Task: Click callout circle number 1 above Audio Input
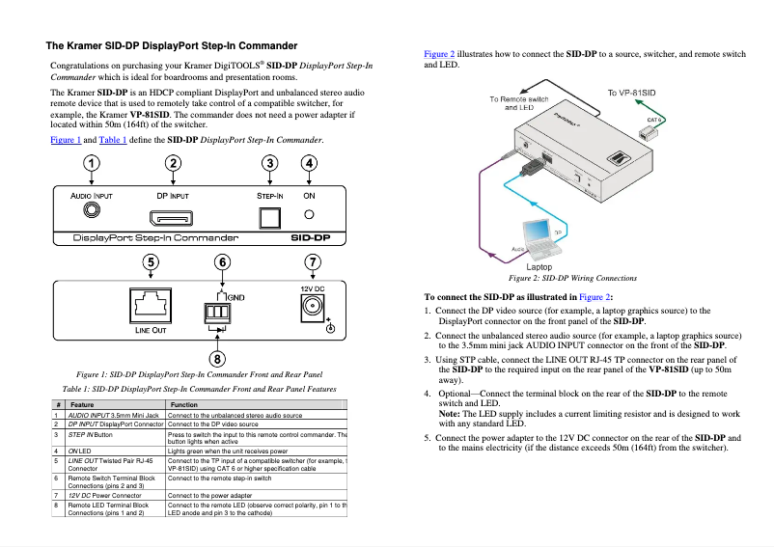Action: pyautogui.click(x=91, y=164)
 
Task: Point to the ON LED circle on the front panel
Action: pyautogui.click(x=309, y=216)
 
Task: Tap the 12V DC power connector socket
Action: pyautogui.click(x=313, y=308)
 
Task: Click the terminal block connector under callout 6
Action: pyautogui.click(x=217, y=312)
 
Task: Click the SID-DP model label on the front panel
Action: pyautogui.click(x=310, y=237)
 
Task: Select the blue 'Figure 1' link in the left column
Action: pyautogui.click(x=66, y=140)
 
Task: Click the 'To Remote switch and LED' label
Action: pyautogui.click(x=518, y=103)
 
